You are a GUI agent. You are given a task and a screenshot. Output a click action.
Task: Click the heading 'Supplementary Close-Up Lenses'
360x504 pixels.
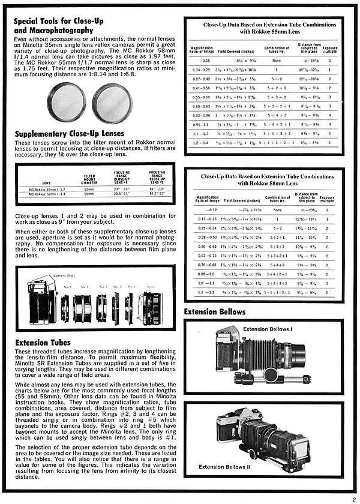[69, 133]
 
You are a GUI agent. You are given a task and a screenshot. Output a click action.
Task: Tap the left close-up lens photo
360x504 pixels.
[66, 103]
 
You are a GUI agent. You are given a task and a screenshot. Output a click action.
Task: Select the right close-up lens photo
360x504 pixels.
[112, 103]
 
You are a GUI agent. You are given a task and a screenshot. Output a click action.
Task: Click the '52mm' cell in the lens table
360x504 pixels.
[89, 190]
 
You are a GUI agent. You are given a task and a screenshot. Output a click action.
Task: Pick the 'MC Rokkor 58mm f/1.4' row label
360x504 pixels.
[47, 194]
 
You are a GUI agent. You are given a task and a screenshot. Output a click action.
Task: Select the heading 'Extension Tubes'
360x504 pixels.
[44, 343]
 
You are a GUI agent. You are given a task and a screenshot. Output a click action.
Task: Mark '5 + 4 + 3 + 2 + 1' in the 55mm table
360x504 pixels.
[277, 143]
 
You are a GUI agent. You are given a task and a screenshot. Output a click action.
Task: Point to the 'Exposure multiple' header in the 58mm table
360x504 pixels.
[328, 199]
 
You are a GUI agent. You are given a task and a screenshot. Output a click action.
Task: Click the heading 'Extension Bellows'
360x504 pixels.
[215, 312]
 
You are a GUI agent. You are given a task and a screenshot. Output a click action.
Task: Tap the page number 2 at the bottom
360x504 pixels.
[355, 497]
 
